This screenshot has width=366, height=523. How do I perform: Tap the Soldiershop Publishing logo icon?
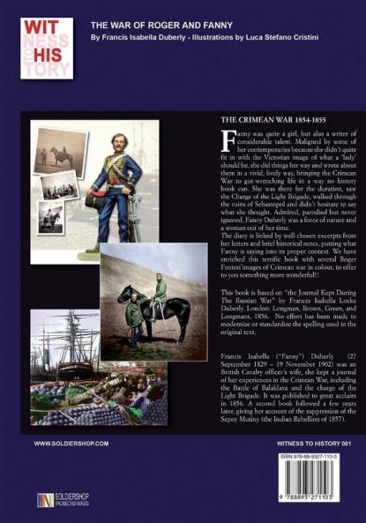[45, 498]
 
